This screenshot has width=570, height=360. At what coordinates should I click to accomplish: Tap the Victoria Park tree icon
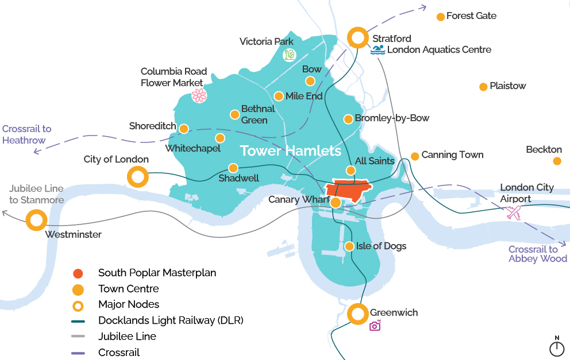[289, 55]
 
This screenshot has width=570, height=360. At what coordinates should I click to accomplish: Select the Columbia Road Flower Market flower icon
[199, 95]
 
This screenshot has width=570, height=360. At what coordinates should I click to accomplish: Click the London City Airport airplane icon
[513, 212]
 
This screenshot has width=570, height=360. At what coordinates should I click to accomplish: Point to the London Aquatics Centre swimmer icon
[378, 50]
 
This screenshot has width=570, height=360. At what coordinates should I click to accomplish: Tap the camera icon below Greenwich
[375, 326]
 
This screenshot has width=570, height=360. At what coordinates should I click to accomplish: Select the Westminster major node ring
[36, 220]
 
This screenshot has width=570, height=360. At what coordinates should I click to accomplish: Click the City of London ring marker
[138, 177]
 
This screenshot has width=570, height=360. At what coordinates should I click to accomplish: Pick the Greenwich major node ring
[357, 313]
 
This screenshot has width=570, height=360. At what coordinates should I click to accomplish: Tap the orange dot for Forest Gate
[441, 17]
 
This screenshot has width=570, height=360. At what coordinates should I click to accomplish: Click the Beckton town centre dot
[557, 161]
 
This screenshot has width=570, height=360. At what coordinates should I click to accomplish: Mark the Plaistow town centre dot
[483, 87]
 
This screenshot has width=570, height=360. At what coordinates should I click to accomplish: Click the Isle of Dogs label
[381, 246]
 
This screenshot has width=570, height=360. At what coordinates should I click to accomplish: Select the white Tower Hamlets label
[290, 151]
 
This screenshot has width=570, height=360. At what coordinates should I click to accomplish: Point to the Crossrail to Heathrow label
[26, 134]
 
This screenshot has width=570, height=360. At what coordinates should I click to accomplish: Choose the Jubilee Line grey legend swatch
[78, 336]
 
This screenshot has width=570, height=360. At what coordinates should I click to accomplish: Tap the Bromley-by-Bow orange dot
[348, 119]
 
